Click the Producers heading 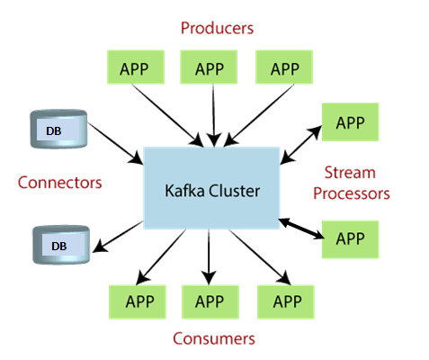click(x=217, y=28)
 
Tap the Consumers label click(x=214, y=338)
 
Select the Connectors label click(x=59, y=183)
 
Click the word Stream click(x=350, y=173)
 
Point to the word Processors click(x=352, y=194)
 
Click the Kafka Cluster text click(x=212, y=191)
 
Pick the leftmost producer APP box click(x=136, y=67)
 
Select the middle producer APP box click(x=209, y=67)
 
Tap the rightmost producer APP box click(x=284, y=67)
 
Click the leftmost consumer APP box click(x=138, y=301)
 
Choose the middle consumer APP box click(x=210, y=301)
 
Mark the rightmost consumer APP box click(x=286, y=301)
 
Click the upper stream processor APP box click(x=350, y=121)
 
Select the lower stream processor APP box click(x=350, y=239)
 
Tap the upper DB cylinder click(x=58, y=129)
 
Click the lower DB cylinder click(x=61, y=245)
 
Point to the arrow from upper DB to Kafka click(x=115, y=143)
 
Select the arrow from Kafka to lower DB click(x=118, y=237)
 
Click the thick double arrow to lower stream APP click(x=301, y=229)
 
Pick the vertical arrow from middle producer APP click(x=213, y=115)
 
